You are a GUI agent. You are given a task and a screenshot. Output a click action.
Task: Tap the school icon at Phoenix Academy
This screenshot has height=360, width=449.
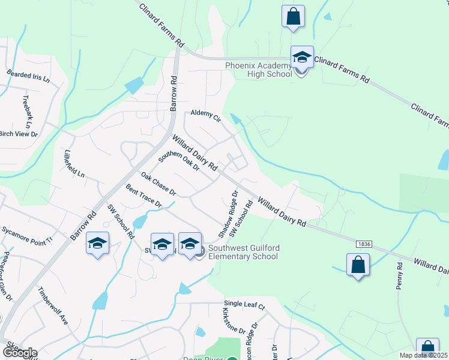(302, 58)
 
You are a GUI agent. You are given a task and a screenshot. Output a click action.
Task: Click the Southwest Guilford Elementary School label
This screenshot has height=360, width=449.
(240, 253)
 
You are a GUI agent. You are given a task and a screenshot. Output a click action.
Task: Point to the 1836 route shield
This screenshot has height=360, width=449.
(363, 244)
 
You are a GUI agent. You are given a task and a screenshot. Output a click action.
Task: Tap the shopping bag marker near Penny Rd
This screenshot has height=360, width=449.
(358, 265)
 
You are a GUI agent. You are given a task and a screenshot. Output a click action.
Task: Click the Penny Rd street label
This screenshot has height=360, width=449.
(399, 276)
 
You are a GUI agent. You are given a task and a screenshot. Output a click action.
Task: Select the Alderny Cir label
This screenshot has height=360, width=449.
(206, 115)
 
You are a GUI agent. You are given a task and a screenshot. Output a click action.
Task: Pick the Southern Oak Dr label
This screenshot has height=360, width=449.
(179, 160)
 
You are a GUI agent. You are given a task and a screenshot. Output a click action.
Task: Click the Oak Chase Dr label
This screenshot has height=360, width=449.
(158, 184)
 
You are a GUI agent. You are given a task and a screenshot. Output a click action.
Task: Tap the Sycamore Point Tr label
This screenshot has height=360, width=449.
(27, 234)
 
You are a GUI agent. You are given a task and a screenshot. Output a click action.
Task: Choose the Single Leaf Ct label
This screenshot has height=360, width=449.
(244, 305)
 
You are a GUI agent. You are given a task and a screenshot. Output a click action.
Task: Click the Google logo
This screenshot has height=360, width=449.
(19, 353)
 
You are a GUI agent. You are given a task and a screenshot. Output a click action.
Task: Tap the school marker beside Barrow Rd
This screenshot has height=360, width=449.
(98, 244)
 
